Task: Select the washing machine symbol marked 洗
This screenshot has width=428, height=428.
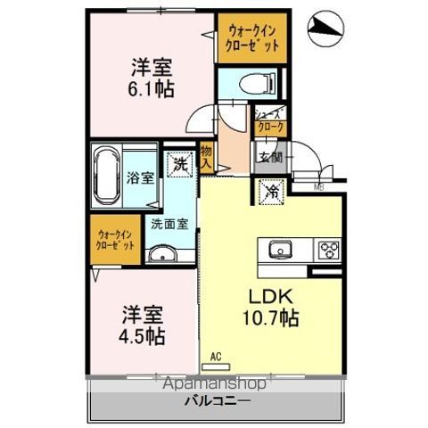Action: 181,164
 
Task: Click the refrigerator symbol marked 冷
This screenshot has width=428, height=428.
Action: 270,190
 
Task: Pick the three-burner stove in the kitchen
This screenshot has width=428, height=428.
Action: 326,250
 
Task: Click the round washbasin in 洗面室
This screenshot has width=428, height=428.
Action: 163,258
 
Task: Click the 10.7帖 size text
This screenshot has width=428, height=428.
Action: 267,317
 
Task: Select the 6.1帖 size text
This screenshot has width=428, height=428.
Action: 152,88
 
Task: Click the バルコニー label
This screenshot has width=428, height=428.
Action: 217,401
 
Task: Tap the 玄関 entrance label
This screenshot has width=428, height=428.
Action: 270,159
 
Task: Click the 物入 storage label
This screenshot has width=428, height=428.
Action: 207,158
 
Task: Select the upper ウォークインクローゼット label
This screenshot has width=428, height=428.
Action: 251,38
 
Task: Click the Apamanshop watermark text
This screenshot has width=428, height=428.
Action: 216,385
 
